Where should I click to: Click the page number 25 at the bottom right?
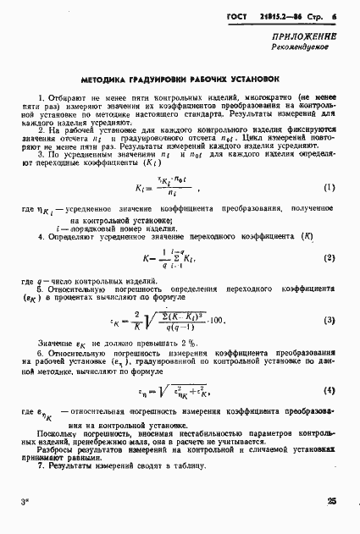coord(331,503)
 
